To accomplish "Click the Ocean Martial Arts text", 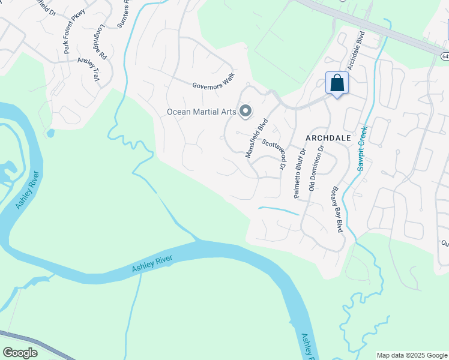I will coord(200,112).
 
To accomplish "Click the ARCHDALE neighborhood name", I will coord(328,137).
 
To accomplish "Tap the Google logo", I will coord(20,352).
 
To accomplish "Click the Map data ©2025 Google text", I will coord(412,355).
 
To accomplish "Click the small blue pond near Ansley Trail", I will coord(50,133).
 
